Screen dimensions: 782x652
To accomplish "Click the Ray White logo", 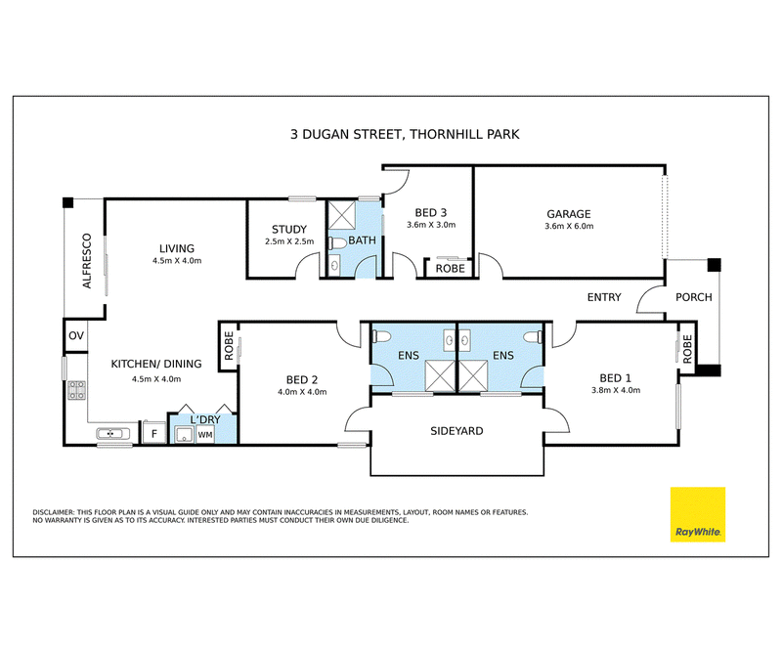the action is (697, 514).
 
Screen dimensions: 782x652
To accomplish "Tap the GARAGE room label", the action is (569, 214).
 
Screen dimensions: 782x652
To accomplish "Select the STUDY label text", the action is (289, 230).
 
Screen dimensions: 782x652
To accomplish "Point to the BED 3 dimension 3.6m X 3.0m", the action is (431, 225).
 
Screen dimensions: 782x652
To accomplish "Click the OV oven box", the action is (76, 335).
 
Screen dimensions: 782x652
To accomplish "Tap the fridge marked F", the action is (154, 433).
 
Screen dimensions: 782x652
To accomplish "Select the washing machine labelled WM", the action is (205, 434).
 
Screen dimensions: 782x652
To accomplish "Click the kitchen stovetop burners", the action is (76, 390).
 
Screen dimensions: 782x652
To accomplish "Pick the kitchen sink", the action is (112, 433).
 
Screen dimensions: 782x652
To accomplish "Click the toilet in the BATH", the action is (337, 243).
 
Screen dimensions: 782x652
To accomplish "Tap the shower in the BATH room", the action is (341, 215).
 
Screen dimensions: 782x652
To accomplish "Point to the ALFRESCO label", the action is (87, 261).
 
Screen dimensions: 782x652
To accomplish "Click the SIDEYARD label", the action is (456, 431).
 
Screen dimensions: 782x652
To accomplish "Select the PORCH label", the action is (694, 297).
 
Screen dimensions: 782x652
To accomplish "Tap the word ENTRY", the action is (604, 297).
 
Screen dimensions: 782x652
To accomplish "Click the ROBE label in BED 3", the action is (451, 269).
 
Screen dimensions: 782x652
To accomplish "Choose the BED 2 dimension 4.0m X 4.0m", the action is (302, 392).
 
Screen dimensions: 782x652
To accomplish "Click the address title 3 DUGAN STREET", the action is (347, 135).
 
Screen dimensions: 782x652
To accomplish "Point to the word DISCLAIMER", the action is (54, 512).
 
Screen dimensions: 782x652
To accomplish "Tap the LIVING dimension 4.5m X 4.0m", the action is (177, 261).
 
